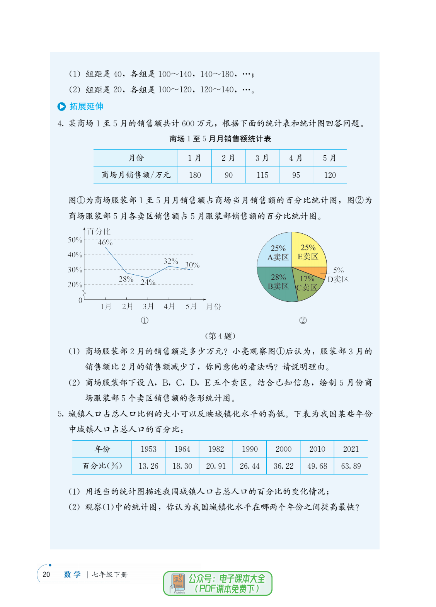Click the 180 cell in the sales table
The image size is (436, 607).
195,175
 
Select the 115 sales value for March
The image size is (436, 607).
262,175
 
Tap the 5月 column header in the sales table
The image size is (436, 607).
330,158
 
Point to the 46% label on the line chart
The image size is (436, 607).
105,243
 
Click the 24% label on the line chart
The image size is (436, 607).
148,282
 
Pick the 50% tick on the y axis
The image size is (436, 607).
75,240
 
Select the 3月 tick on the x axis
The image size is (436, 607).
148,306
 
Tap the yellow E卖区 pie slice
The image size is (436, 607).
308,251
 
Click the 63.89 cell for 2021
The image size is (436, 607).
351,466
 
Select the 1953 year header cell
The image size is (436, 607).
148,449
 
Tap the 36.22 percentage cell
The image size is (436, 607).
283,466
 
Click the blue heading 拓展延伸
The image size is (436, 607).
86,106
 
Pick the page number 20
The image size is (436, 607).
46,574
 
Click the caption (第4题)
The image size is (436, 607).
220,336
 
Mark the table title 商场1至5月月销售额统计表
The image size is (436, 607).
220,139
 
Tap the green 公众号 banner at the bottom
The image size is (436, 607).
218,583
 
